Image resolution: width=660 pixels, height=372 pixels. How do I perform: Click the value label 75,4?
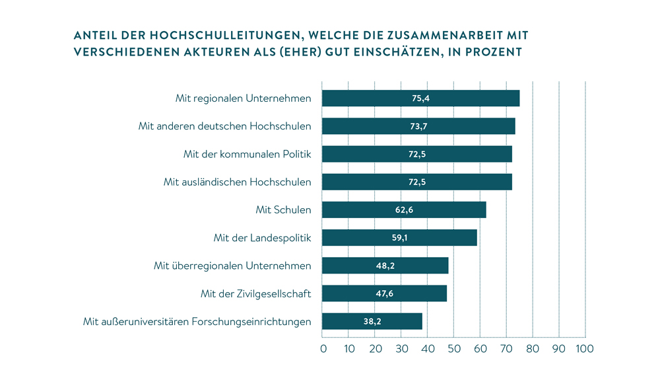[421, 98]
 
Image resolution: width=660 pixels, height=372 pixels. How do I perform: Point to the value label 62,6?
[404, 210]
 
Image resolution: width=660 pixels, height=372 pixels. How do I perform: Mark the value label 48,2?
[385, 266]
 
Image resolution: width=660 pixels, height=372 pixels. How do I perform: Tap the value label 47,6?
[384, 294]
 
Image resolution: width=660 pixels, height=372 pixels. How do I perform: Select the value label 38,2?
[372, 322]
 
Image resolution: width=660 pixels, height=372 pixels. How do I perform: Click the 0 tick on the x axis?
[323, 348]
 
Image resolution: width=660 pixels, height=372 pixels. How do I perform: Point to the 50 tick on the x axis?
[454, 348]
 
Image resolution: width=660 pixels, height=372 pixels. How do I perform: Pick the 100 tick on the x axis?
[585, 348]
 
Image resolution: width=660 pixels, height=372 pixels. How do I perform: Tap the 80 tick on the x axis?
[533, 348]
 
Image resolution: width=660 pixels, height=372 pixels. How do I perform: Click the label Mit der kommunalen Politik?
[247, 154]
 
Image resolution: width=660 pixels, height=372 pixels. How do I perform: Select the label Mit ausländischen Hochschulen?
[237, 182]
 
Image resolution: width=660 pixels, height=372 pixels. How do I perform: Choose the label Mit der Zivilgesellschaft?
[255, 294]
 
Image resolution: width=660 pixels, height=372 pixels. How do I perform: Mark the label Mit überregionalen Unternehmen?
[232, 266]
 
